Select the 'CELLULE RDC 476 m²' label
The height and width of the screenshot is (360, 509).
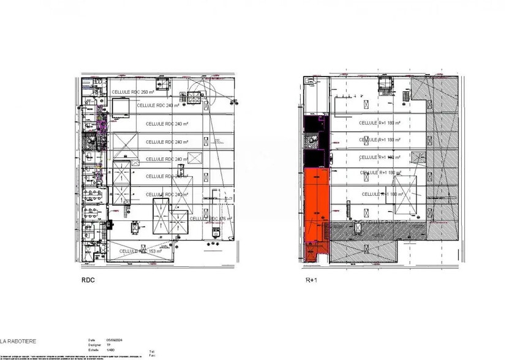(211, 219)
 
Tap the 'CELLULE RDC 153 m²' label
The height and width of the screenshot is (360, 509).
(140, 250)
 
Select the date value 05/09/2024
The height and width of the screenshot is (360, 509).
(114, 340)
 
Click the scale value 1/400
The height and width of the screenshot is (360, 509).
(110, 350)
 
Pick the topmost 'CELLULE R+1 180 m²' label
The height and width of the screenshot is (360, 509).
(379, 122)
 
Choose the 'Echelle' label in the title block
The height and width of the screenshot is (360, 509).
(92, 350)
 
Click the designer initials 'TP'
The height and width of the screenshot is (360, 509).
(108, 345)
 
